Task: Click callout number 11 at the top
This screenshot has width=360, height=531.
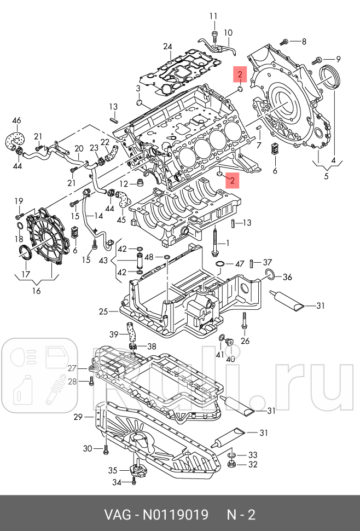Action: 213,16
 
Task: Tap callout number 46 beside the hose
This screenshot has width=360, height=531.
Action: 16,120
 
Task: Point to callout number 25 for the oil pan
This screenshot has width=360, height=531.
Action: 103,312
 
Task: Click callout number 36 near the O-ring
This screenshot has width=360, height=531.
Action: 287,276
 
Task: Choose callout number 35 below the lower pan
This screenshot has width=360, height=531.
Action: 112,470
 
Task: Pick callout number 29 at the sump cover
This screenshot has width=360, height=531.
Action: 78,417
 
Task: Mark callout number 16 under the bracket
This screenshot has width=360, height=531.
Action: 36,291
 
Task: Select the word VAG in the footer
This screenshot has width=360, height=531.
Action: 116,515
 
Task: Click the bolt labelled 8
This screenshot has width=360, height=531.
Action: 284,42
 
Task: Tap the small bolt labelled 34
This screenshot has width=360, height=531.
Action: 133,481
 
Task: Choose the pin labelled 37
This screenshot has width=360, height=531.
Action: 252,263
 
